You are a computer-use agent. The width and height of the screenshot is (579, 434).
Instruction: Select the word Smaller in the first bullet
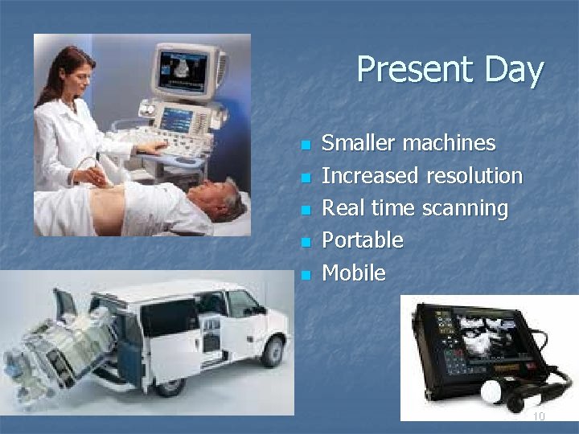pos(359,144)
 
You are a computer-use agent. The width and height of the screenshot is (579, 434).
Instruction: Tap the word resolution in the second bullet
pos(474,176)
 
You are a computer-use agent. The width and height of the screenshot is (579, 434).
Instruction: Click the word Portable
pos(362,240)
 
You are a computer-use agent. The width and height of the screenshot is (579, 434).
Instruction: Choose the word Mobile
pos(353,273)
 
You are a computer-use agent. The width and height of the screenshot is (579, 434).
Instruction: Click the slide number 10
pos(538,416)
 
